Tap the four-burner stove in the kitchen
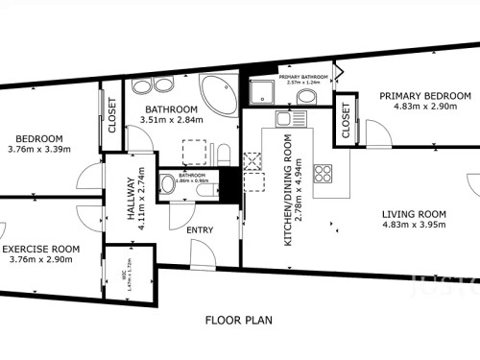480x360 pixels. (x=324, y=174)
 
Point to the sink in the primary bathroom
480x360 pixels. (x=330, y=95)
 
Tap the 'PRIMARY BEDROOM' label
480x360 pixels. (x=424, y=96)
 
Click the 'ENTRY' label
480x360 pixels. (x=200, y=229)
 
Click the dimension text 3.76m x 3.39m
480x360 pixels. (x=39, y=149)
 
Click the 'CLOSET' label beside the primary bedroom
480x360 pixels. (x=346, y=123)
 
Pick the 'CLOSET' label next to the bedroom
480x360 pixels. (x=111, y=114)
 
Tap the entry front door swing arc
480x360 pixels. (x=203, y=253)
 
